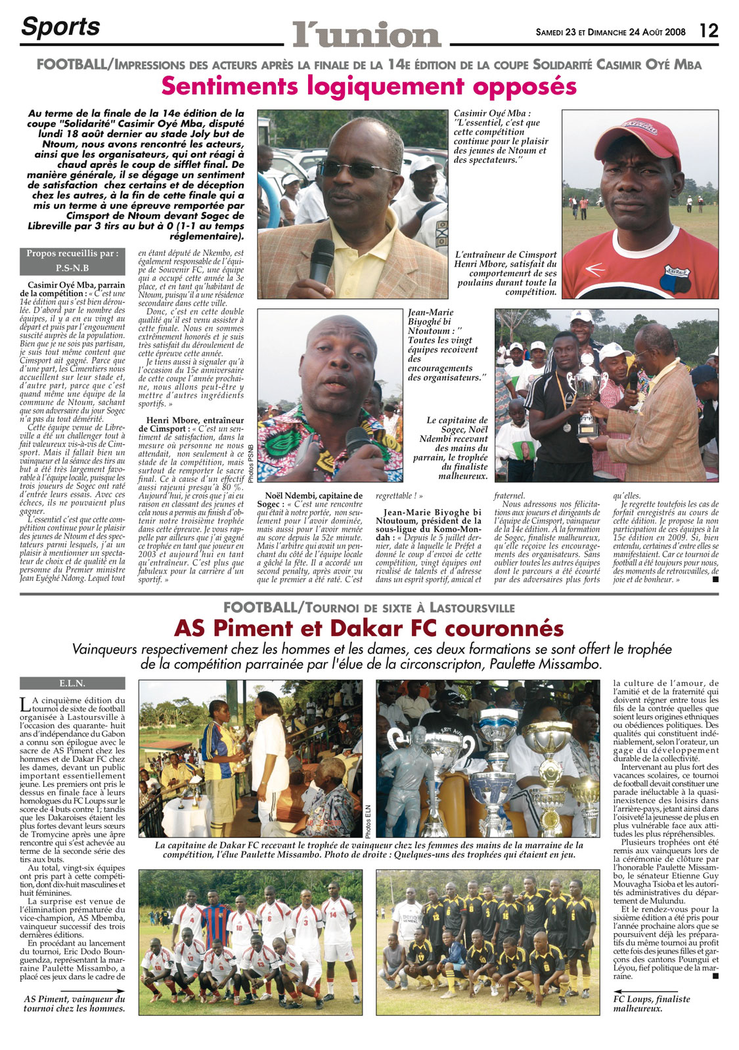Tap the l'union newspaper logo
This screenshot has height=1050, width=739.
(367, 33)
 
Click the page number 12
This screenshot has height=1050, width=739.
(709, 30)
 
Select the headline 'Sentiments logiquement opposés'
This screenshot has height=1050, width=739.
(369, 86)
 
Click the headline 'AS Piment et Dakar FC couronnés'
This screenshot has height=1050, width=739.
(369, 628)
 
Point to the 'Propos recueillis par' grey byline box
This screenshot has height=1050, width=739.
(72, 261)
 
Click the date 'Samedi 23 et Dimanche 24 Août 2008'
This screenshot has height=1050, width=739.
(610, 31)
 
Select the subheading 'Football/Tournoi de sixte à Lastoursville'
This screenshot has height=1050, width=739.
(369, 608)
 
